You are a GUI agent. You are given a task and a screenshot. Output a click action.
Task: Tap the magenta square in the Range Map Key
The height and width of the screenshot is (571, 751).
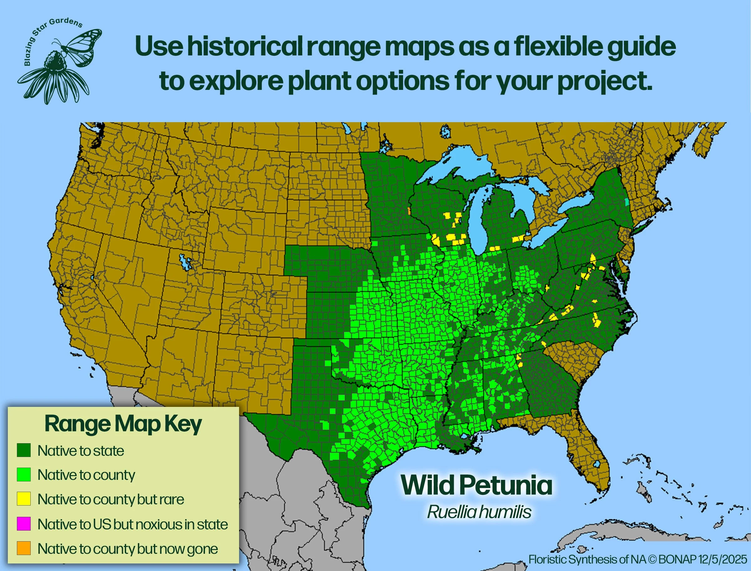tap(24, 524)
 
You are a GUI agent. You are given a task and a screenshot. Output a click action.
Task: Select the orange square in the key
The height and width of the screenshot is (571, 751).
tap(24, 548)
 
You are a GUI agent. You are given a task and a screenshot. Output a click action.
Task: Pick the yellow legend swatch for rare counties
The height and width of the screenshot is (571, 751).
tap(24, 499)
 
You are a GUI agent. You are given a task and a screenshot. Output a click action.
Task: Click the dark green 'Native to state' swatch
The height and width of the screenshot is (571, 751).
tap(24, 450)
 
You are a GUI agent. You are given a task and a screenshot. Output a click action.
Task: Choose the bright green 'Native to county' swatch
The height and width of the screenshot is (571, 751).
tap(24, 475)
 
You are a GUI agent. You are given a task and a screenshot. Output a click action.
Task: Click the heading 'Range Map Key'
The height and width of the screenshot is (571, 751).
tap(123, 424)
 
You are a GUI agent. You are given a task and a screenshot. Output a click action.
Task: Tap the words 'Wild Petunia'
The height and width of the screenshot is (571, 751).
tap(477, 485)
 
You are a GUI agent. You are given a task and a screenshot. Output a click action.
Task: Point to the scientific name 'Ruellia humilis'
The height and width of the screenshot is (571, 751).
tap(479, 512)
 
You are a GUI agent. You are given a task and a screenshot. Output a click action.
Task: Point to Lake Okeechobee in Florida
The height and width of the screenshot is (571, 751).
tap(596, 465)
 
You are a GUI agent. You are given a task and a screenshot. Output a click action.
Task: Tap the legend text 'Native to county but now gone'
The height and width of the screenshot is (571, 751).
tap(128, 548)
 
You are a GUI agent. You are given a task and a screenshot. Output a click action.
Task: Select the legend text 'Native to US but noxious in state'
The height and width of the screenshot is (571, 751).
tap(133, 524)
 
